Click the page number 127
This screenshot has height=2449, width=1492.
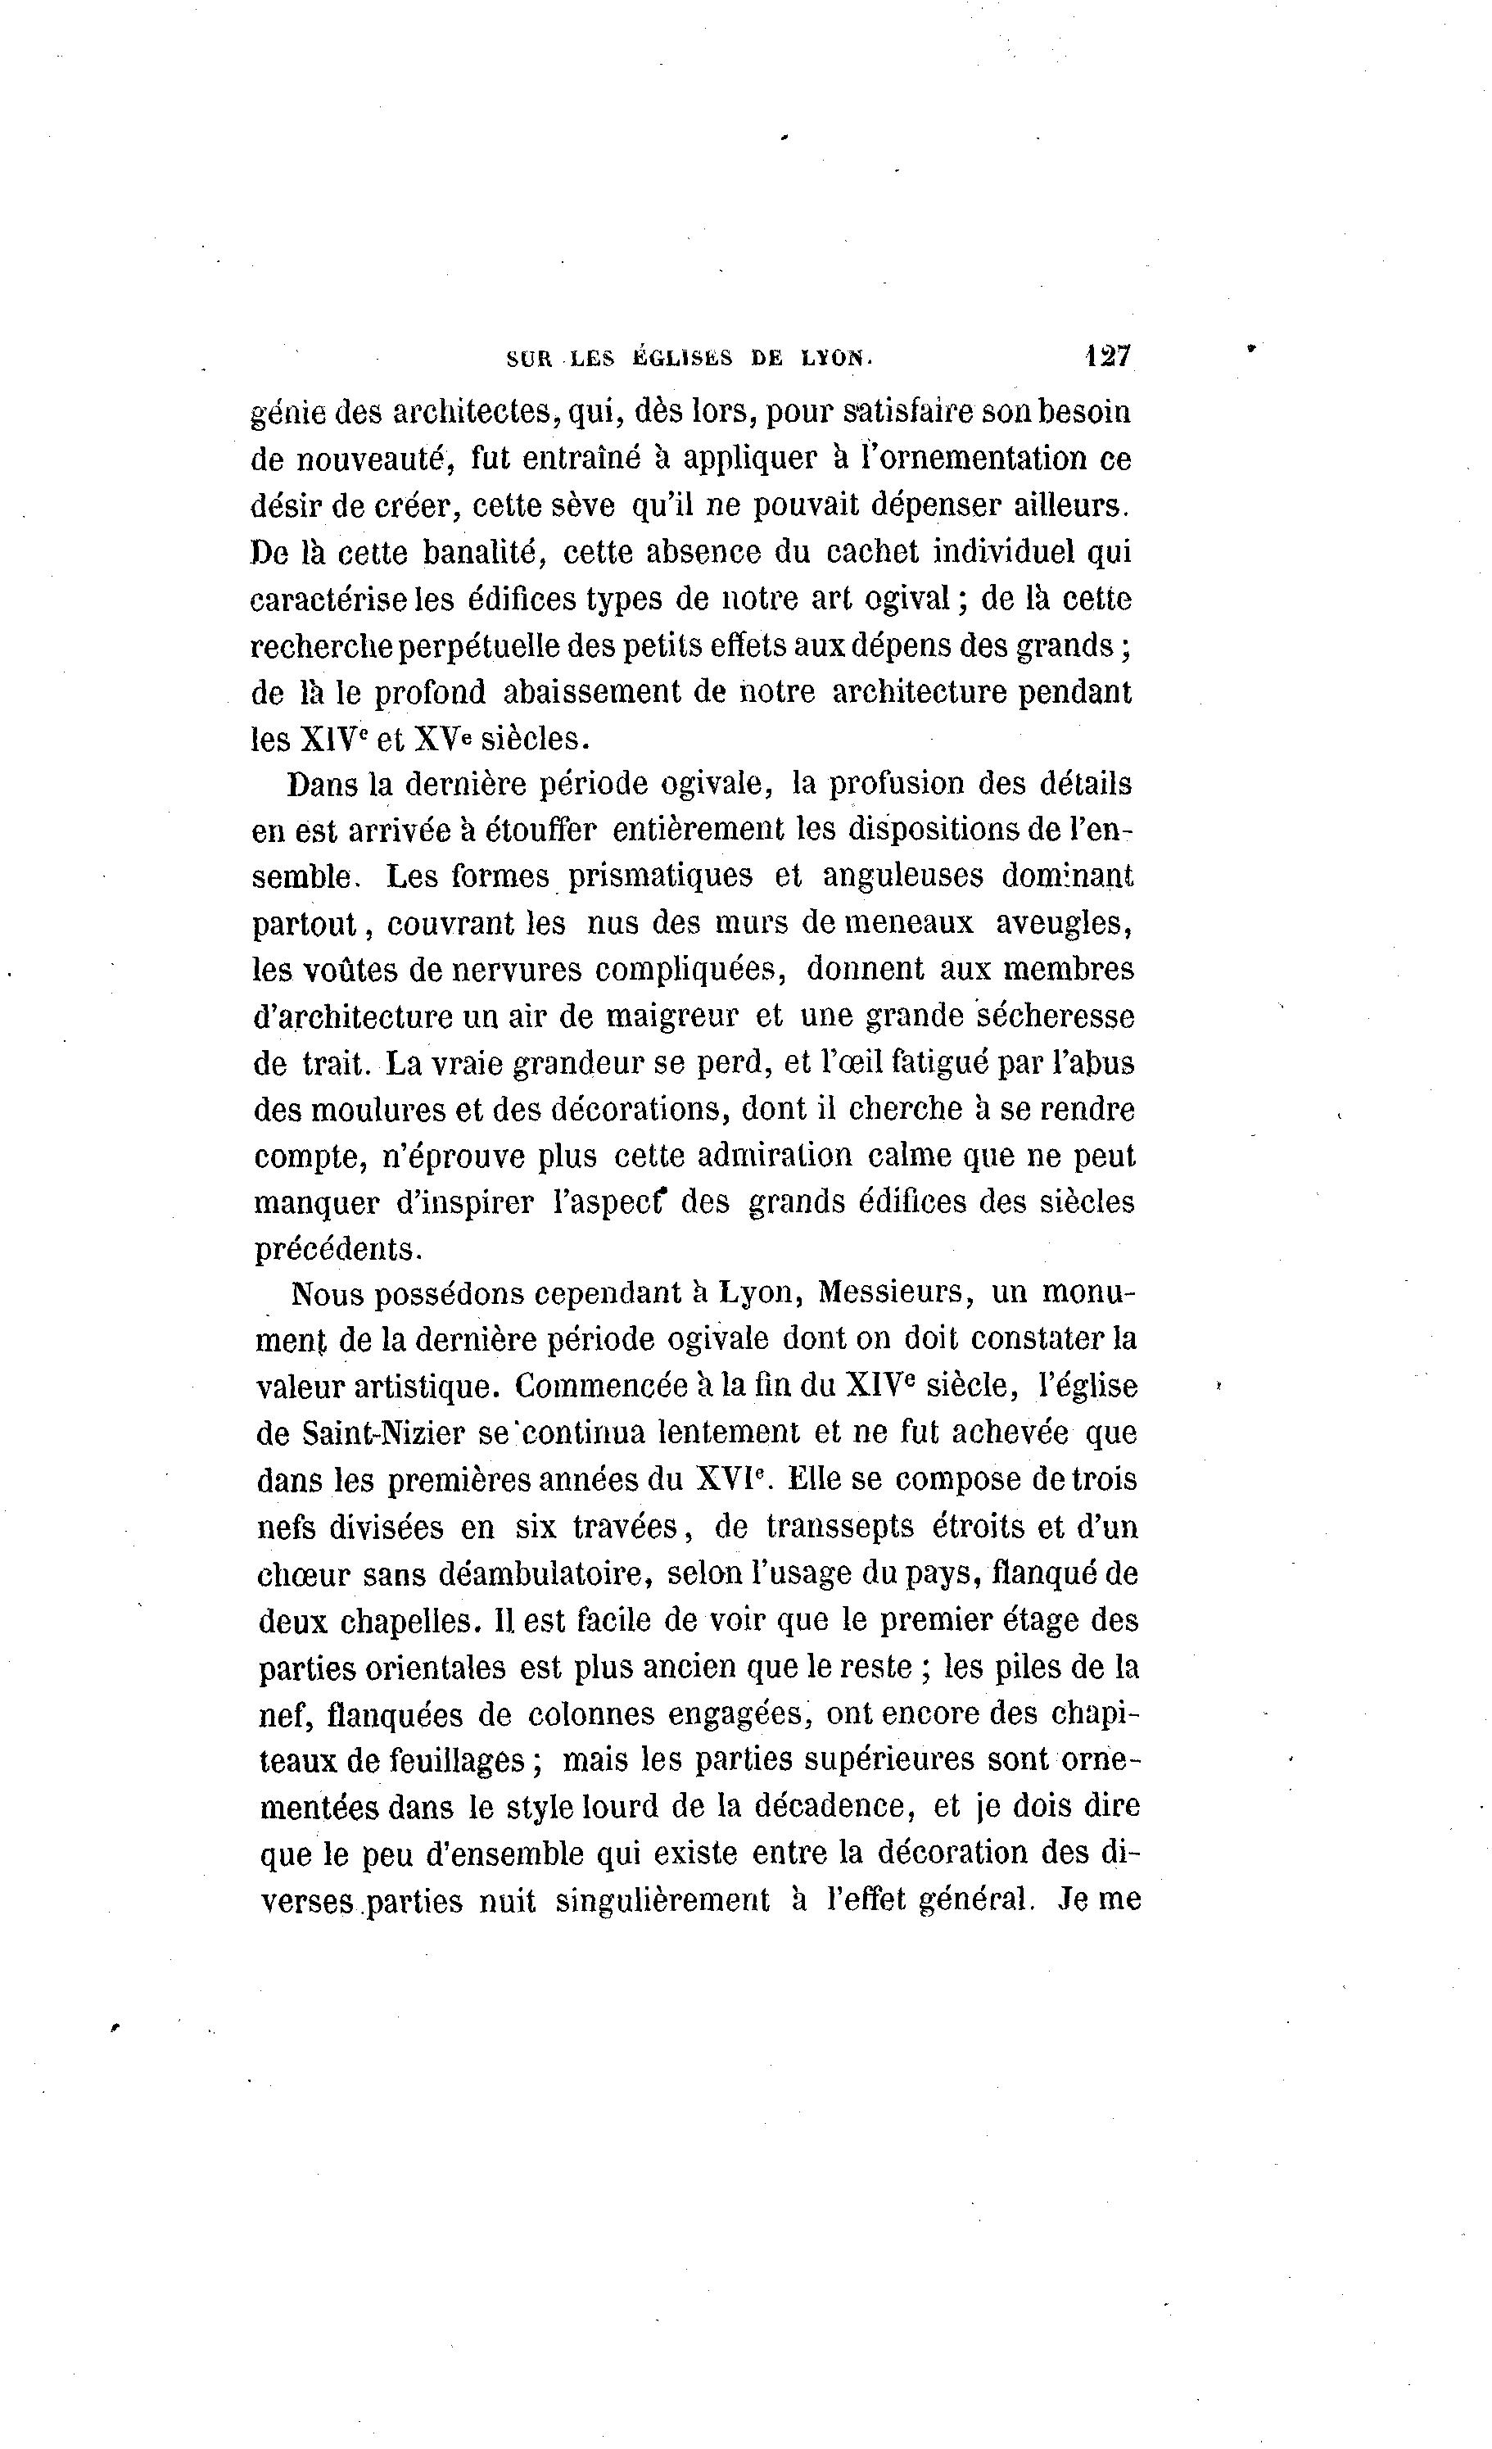coord(1110,355)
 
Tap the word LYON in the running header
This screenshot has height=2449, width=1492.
coord(836,359)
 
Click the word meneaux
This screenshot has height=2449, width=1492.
coord(908,923)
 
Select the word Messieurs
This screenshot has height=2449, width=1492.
coord(891,1294)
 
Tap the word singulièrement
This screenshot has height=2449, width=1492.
coord(662,1901)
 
